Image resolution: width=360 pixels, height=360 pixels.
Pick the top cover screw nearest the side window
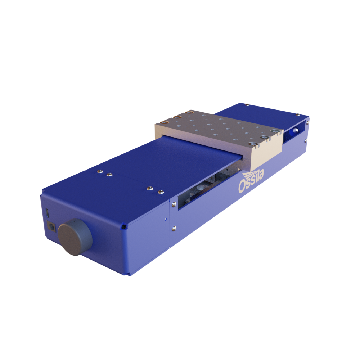click(x=160, y=191)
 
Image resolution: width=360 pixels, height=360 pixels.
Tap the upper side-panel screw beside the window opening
click(x=174, y=204)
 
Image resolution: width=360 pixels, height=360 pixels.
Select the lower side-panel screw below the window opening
click(x=174, y=228)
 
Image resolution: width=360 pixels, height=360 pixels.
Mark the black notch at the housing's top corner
click(x=124, y=227)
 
